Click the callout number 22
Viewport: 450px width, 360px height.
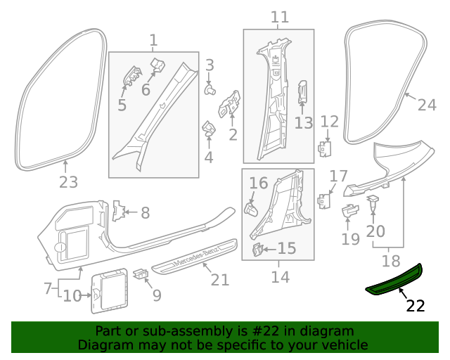point(416,306)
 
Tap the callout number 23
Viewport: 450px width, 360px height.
point(67,183)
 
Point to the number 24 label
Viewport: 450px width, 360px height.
point(427,105)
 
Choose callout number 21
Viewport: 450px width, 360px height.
point(220,279)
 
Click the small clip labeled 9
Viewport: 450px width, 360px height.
point(140,271)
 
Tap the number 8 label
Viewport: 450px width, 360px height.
point(145,212)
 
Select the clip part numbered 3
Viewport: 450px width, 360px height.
point(210,89)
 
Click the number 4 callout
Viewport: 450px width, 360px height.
point(209,157)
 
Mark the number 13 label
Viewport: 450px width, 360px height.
point(303,123)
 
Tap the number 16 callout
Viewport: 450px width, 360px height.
point(259,184)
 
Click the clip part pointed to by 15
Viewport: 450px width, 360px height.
point(259,248)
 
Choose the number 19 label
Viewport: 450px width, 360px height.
point(350,238)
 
